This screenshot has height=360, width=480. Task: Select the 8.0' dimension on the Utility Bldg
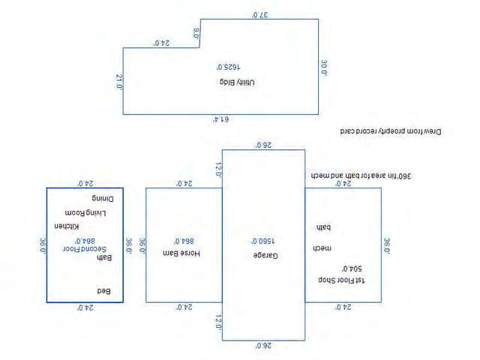(x=196, y=33)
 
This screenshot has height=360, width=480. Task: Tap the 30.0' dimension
(x=324, y=67)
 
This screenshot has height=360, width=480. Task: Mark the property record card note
(x=391, y=130)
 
